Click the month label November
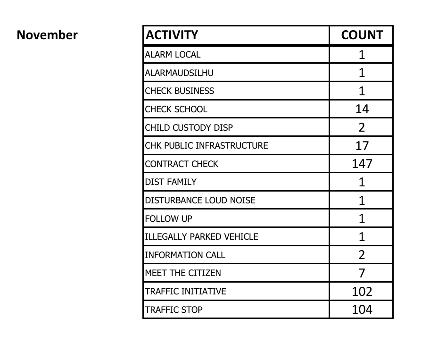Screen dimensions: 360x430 (x=47, y=35)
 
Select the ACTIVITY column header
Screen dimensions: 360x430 (x=172, y=35)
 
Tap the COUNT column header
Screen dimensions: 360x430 (x=362, y=35)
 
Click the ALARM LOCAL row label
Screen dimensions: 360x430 (x=173, y=54)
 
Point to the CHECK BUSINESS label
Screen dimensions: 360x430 (x=179, y=91)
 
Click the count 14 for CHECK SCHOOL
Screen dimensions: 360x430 (x=362, y=109)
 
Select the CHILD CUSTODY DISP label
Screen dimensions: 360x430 (x=189, y=127)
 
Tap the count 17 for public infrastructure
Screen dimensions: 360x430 (x=362, y=146)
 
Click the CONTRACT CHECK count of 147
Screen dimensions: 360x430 (x=362, y=164)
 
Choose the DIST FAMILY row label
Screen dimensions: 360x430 (x=171, y=182)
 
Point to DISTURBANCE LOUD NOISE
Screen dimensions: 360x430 (x=200, y=200)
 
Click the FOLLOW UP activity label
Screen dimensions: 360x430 (x=168, y=218)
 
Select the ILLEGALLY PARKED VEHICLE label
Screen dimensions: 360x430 (x=201, y=236)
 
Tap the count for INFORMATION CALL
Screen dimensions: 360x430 (x=362, y=255)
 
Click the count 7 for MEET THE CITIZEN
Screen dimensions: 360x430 (x=362, y=273)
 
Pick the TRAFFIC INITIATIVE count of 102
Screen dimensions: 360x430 (x=362, y=291)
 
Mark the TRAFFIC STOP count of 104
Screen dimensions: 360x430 (x=362, y=310)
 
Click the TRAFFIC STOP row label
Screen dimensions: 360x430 (x=174, y=310)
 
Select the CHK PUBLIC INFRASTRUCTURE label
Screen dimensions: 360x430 (x=206, y=146)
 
